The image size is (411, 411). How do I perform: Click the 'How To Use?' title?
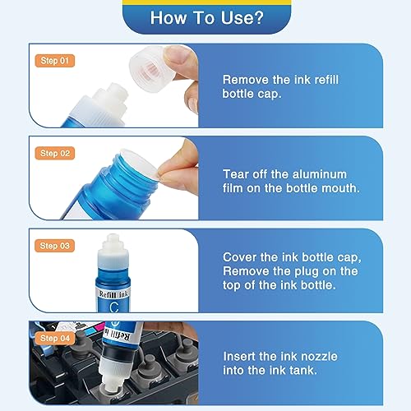[206, 18]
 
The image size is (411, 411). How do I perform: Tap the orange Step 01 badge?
[55, 61]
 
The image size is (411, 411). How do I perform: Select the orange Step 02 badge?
[55, 153]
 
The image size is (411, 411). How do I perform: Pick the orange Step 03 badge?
[54, 246]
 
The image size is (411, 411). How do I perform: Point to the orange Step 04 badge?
[55, 339]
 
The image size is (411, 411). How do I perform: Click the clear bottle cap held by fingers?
[150, 67]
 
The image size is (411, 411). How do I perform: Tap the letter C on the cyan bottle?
[114, 307]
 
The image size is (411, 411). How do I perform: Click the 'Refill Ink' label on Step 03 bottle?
[113, 294]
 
